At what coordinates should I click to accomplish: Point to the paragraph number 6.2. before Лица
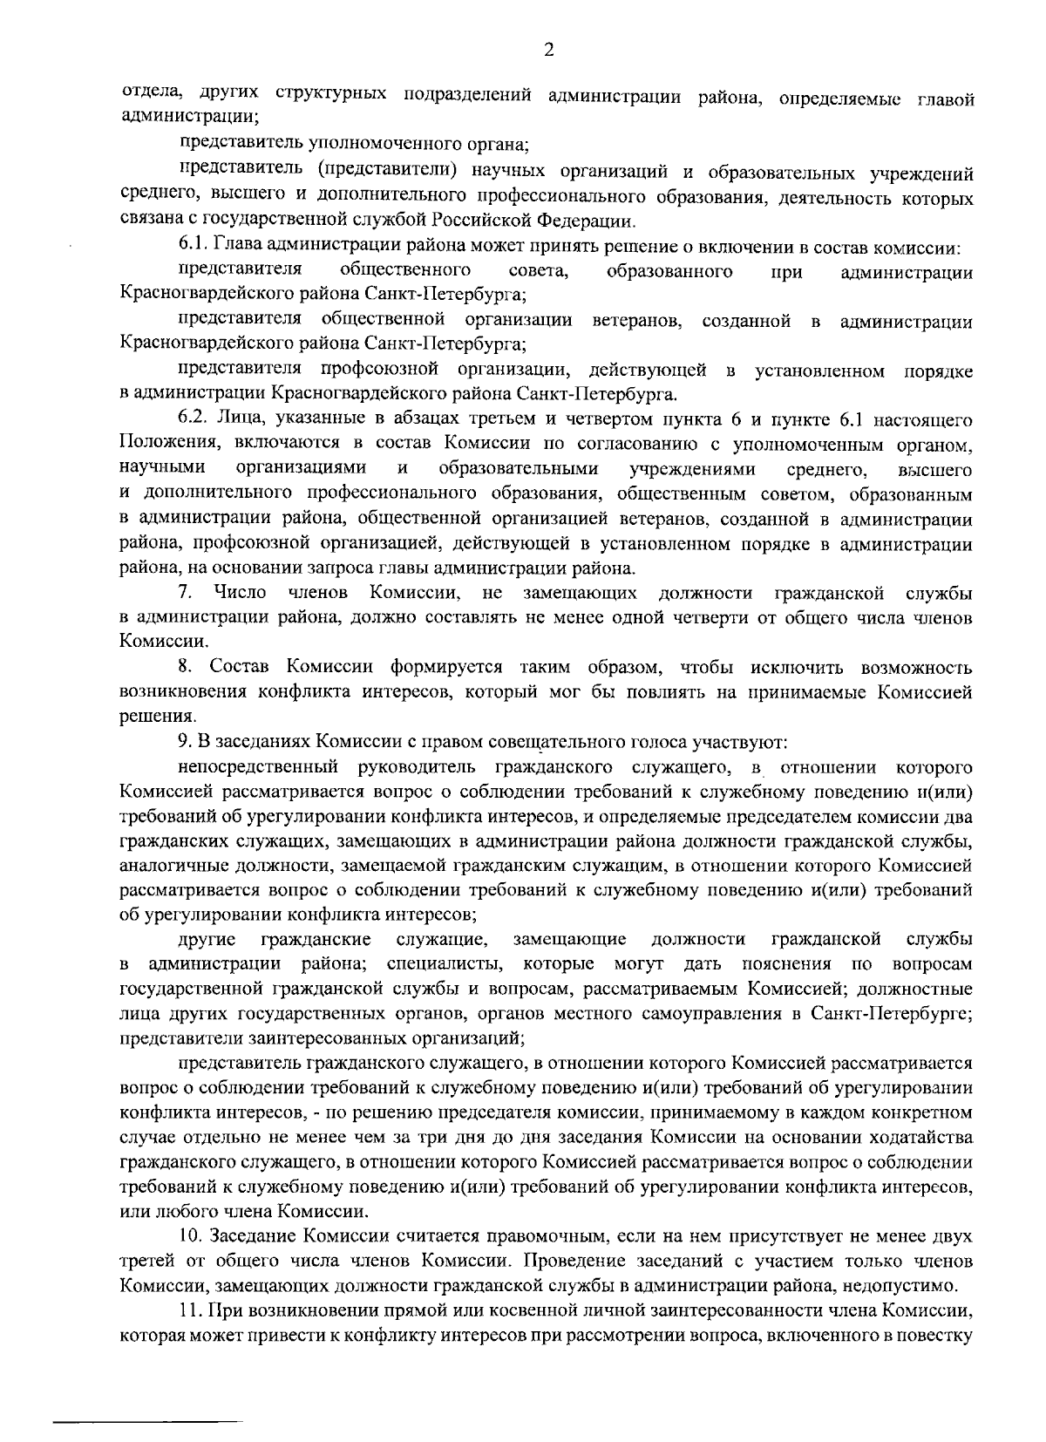(192, 421)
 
